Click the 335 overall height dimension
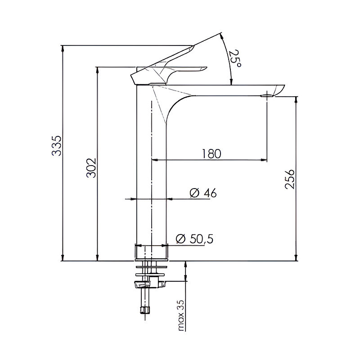point(57,146)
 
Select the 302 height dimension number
point(91,168)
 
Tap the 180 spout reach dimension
point(211,153)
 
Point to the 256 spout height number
point(289,179)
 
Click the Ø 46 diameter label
point(203,193)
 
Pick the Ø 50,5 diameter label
point(194,239)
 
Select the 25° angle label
point(235,58)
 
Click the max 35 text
point(181,315)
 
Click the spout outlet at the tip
point(267,95)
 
